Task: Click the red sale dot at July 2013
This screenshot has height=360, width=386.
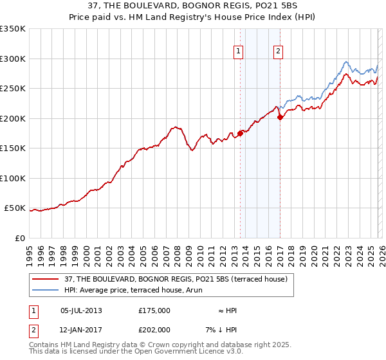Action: [x=240, y=133]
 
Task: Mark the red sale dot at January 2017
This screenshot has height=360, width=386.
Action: [x=280, y=117]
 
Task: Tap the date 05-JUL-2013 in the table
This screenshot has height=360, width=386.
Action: [x=81, y=310]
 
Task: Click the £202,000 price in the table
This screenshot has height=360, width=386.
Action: [x=154, y=330]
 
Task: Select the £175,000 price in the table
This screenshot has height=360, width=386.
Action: [x=154, y=310]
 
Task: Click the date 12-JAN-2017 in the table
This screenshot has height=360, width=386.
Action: [x=81, y=330]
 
